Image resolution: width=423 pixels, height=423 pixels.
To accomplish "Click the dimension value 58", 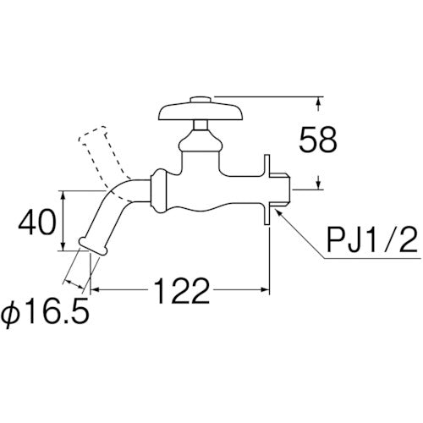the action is click(318, 140).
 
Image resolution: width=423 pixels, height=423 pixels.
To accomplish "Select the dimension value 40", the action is click(36, 222).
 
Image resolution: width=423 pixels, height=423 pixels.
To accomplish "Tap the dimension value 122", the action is click(181, 290).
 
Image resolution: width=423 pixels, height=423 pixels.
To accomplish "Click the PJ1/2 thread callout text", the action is click(371, 240).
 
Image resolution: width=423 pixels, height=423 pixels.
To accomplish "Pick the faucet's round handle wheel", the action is click(201, 112).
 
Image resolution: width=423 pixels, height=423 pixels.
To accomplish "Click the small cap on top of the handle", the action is click(201, 100).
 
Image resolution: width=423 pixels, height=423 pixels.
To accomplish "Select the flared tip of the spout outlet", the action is click(93, 246).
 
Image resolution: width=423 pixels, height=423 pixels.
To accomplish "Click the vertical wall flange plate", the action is click(267, 190).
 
